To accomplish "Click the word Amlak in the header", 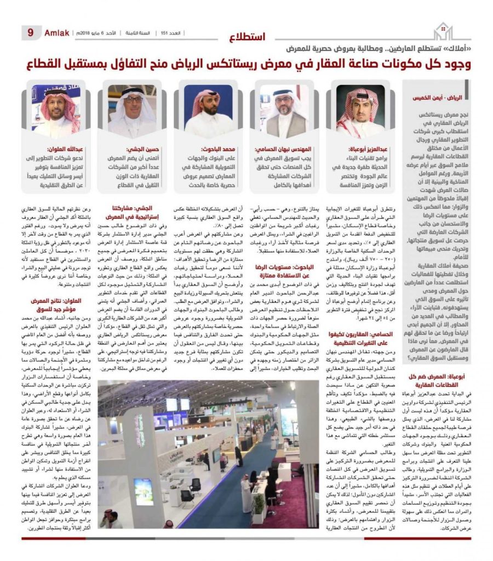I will tap(57, 33).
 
